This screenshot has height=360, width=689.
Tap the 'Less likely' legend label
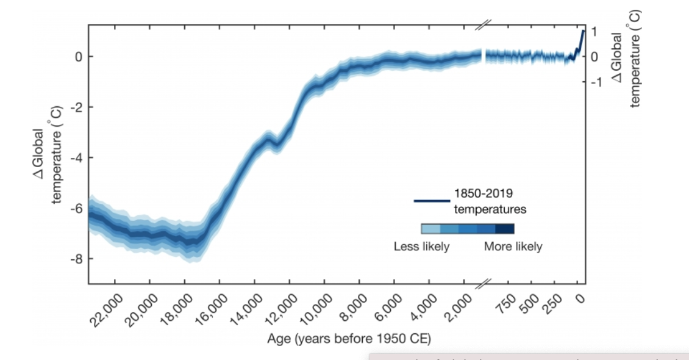pos(421,247)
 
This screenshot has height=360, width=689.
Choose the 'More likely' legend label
pos(513,247)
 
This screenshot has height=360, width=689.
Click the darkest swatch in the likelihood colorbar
pos(505,229)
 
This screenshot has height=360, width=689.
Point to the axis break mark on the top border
pos(483,25)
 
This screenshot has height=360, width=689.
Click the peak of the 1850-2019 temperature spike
pos(584,31)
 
